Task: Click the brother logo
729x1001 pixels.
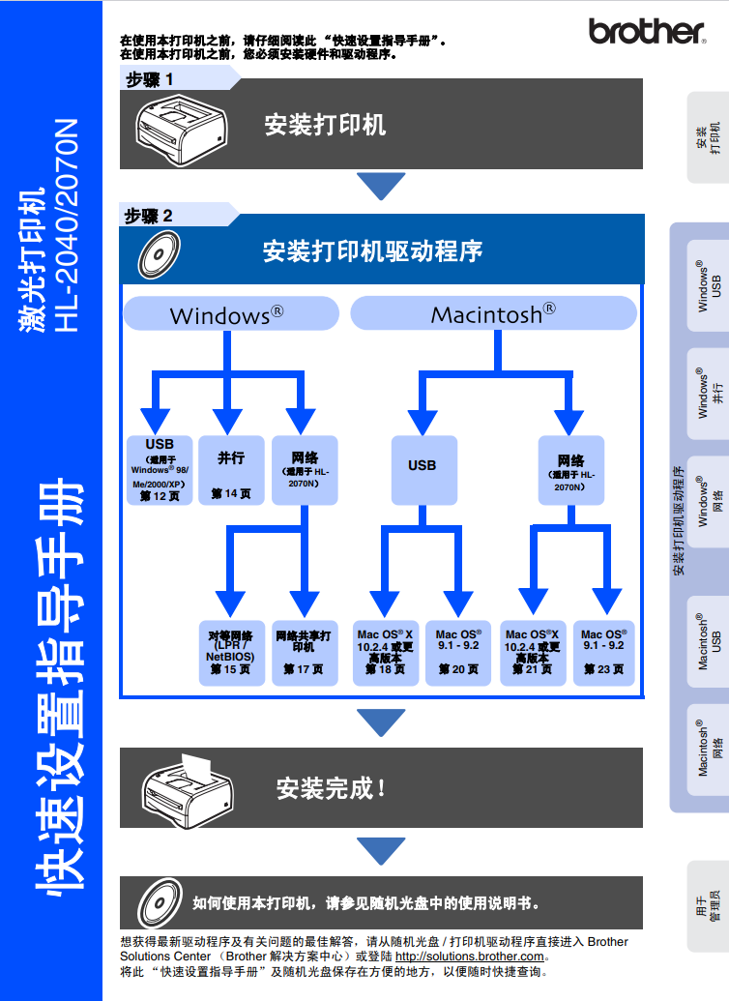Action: (647, 31)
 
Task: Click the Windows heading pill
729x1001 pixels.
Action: (230, 313)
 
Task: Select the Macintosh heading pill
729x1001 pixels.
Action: (493, 313)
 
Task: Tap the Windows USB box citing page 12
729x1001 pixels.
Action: (160, 470)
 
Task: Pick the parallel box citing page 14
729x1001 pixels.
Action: (231, 470)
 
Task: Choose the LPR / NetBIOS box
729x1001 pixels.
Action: (231, 653)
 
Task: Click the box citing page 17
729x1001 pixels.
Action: (304, 653)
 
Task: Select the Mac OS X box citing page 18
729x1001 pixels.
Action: (386, 653)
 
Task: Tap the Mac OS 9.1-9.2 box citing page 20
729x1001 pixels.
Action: (458, 653)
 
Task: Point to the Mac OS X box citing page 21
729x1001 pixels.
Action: (533, 653)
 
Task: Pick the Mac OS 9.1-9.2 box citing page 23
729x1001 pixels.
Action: (604, 653)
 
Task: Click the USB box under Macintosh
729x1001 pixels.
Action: (423, 470)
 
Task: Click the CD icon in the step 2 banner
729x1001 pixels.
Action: (159, 254)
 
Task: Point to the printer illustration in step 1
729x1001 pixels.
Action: (182, 131)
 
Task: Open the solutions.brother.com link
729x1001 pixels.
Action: (469, 957)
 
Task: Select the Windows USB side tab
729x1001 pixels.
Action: (708, 285)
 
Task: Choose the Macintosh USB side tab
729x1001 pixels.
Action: (708, 641)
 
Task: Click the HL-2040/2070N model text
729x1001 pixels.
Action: (66, 225)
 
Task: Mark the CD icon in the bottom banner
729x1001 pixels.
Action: (160, 902)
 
